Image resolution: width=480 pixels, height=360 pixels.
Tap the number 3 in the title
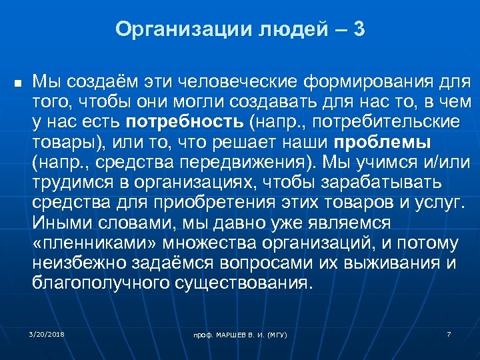click(x=359, y=30)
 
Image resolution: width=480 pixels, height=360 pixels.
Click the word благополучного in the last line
click(x=101, y=283)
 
